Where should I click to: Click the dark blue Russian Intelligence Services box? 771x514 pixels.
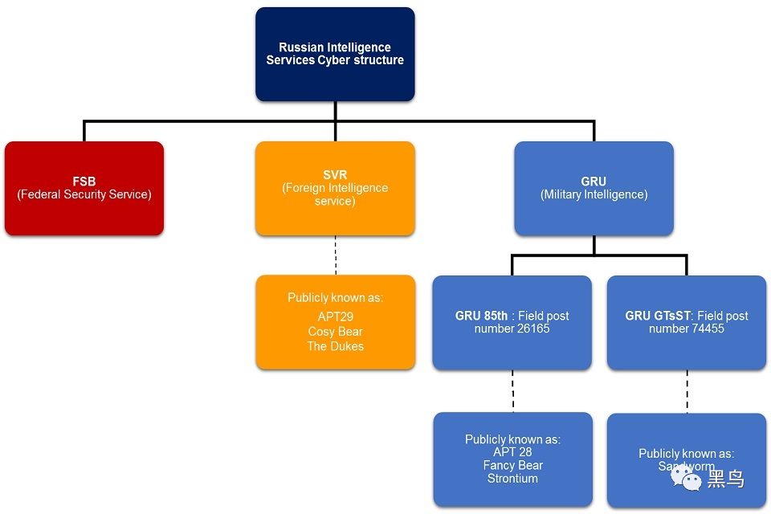tap(335, 54)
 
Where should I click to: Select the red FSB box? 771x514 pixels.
tap(84, 188)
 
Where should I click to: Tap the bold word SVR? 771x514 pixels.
tap(335, 174)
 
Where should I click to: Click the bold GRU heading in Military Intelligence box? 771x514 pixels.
tap(594, 182)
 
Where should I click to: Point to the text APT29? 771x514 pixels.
tap(335, 317)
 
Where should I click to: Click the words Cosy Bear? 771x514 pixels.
tap(335, 332)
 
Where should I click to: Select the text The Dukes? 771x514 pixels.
tap(335, 346)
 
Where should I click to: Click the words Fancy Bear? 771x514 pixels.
tap(512, 465)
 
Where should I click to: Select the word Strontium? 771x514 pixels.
tap(512, 479)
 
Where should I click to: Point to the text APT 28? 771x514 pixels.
tap(512, 452)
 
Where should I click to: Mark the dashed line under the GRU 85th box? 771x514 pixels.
tap(512, 391)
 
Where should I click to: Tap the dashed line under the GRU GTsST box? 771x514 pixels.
tap(687, 391)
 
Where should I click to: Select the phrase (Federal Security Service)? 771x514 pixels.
tap(84, 194)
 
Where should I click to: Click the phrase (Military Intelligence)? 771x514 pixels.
tap(594, 194)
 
